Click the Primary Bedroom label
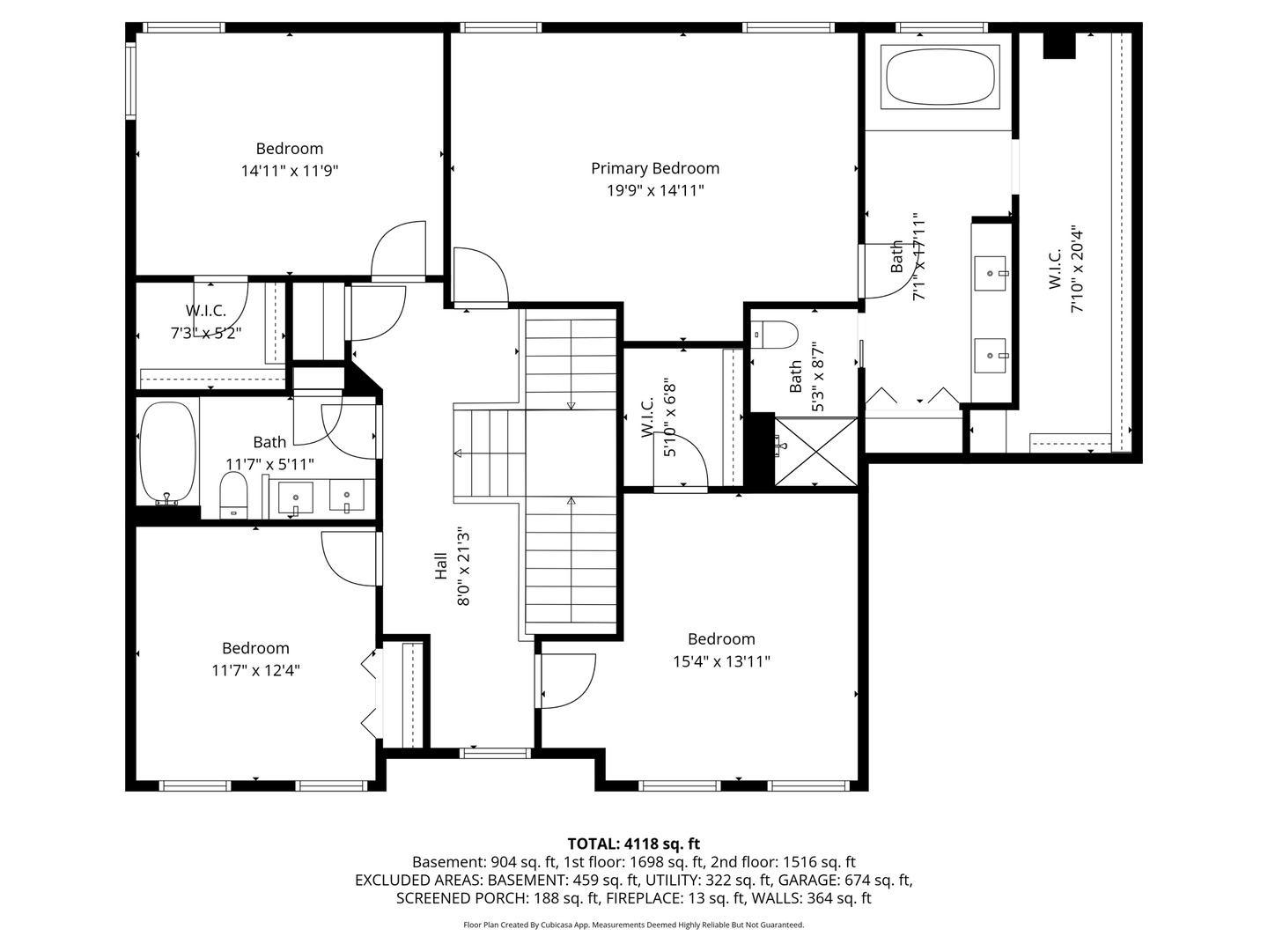click(x=655, y=168)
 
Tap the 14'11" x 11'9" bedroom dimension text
click(x=290, y=171)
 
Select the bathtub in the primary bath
click(x=940, y=77)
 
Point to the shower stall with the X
click(x=815, y=452)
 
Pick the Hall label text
click(x=441, y=566)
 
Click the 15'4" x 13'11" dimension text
click(x=721, y=661)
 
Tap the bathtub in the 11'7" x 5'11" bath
click(x=167, y=453)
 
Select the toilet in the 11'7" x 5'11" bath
click(x=233, y=496)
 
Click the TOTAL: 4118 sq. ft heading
click(x=634, y=844)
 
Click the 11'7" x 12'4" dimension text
click(x=256, y=670)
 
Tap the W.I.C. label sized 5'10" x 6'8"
click(x=647, y=417)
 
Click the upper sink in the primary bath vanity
click(x=990, y=274)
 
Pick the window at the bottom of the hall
click(x=495, y=753)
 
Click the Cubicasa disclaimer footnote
click(x=634, y=925)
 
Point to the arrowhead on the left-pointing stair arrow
click(x=458, y=453)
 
